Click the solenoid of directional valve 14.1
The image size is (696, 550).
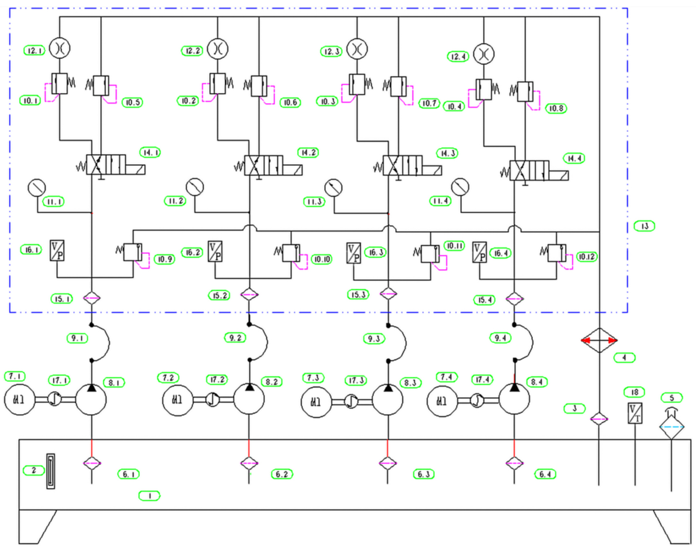(135, 169)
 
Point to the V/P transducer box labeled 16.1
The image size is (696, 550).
(57, 251)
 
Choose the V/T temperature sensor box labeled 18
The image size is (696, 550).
(635, 413)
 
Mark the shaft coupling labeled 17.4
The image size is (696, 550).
(477, 400)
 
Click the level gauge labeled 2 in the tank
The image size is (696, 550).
(50, 471)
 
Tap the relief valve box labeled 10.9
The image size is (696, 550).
(133, 252)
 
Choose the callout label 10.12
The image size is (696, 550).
(587, 257)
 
